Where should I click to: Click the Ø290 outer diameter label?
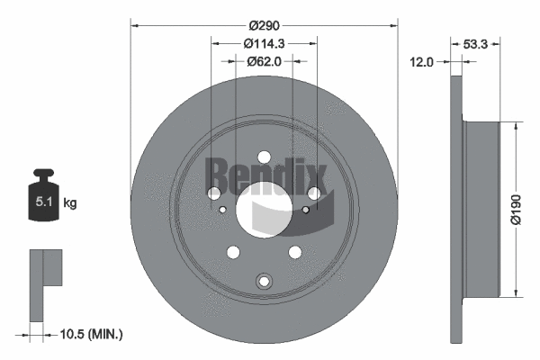264,27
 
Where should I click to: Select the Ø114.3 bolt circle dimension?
264,43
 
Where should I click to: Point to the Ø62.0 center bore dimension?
264,61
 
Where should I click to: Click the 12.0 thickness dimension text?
422,61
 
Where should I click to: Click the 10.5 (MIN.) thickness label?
89,335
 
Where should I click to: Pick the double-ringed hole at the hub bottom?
264,282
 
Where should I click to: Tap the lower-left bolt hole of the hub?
233,253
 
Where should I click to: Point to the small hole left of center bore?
223,211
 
